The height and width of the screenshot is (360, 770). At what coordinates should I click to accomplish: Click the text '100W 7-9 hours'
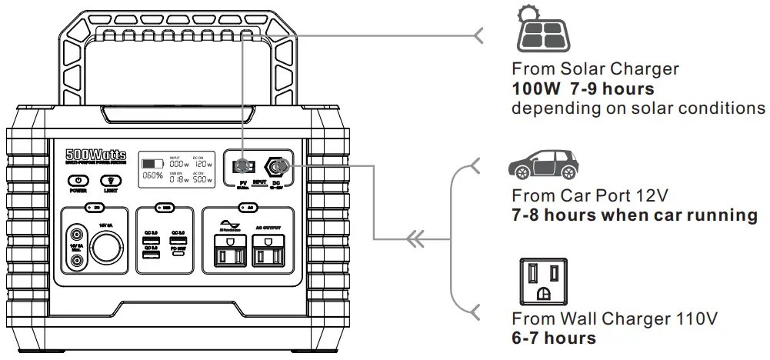tap(583, 88)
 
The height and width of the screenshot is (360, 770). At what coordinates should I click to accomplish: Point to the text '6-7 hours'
tap(554, 338)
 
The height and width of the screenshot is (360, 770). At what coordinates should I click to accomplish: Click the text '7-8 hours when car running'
tap(635, 215)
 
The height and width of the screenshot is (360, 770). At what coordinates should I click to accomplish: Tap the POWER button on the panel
tap(78, 180)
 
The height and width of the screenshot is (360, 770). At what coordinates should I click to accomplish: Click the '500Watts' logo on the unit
tap(96, 155)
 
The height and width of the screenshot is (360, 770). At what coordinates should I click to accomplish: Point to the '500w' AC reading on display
tap(202, 178)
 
